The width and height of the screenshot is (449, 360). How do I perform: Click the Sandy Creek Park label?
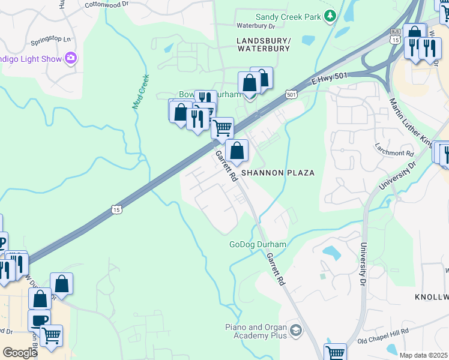coord(288,17)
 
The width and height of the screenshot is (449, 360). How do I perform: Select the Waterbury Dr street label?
coord(255,26)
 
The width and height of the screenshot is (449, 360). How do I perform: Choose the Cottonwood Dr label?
coord(107,4)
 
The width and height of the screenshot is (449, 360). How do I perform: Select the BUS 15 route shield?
coord(394,35)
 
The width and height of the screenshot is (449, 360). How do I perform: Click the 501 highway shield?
coord(291,94)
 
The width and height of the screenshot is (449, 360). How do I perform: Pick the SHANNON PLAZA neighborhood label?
coord(278,173)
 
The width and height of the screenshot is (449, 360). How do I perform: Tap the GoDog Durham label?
coord(258,245)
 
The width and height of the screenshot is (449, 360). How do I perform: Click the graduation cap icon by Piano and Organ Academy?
coord(295,331)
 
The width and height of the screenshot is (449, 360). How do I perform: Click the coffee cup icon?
coord(39,319)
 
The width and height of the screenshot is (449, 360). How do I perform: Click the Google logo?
coord(20,353)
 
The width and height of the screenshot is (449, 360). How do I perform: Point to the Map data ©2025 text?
coord(423,355)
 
